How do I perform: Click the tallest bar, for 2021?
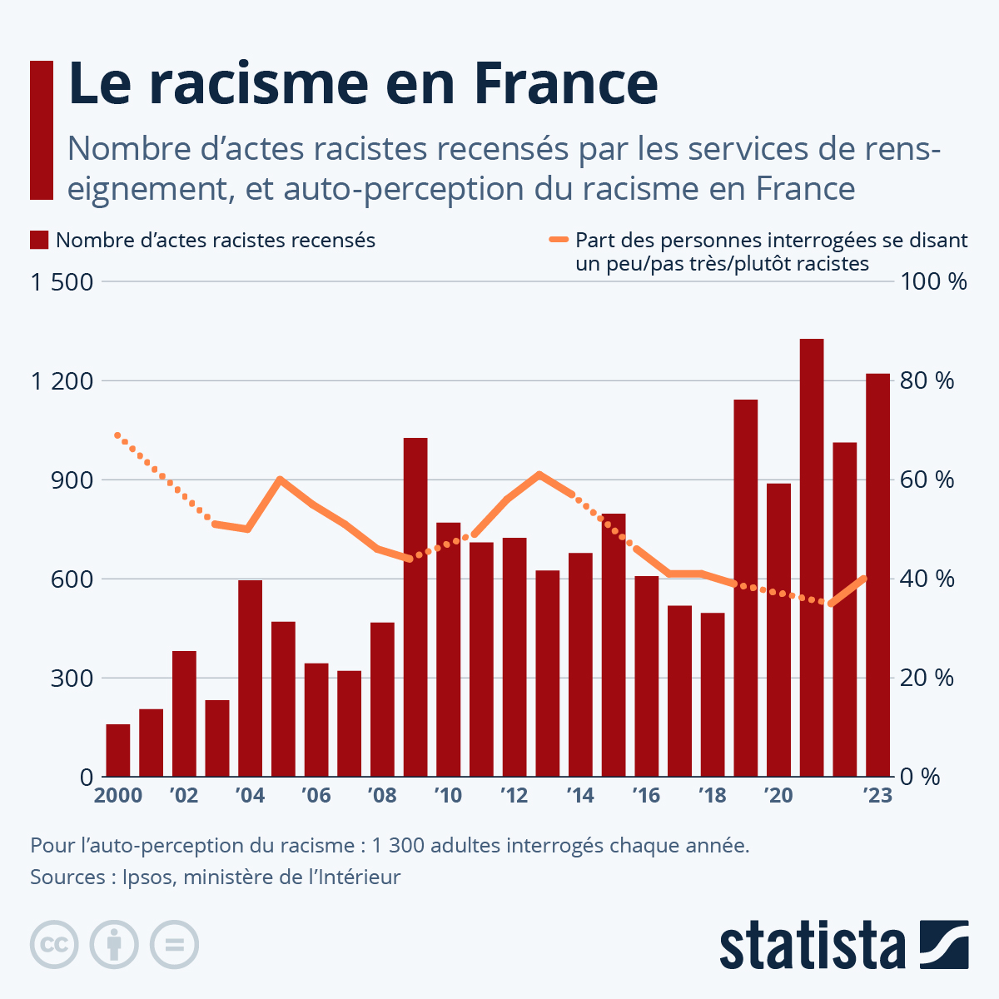[812, 558]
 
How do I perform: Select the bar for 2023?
[877, 574]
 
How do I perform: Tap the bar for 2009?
[415, 608]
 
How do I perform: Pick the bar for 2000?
[118, 750]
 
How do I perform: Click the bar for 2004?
[250, 678]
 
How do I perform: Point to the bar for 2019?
[746, 588]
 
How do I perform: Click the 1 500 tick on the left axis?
[62, 281]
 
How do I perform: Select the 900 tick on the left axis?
[72, 480]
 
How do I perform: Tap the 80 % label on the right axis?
[927, 380]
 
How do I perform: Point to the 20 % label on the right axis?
[927, 678]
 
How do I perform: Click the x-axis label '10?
[448, 796]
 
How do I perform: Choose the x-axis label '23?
[877, 796]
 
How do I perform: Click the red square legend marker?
[39, 241]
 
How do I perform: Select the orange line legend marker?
[559, 241]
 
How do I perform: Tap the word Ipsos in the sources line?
[147, 877]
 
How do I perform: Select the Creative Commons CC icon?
[54, 945]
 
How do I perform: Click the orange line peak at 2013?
[539, 475]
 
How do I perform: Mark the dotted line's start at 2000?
[117, 435]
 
